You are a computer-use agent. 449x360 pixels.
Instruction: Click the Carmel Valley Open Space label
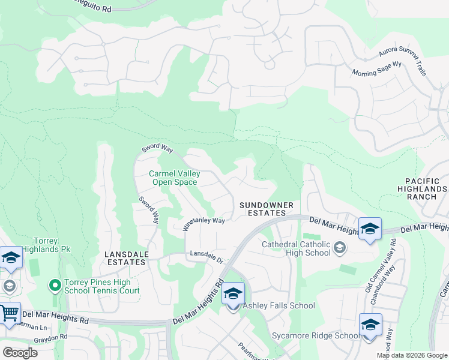click(174, 178)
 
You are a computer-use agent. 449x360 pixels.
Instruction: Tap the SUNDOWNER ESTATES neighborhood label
click(267, 209)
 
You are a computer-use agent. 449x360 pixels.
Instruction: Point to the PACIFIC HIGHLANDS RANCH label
click(426, 188)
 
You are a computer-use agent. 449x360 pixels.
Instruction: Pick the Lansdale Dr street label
click(206, 256)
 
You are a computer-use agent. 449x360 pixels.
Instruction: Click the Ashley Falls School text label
click(279, 305)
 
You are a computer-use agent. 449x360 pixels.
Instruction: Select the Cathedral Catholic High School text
click(296, 248)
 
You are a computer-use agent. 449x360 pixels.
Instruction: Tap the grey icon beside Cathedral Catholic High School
click(339, 248)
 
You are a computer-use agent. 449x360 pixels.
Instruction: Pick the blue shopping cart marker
click(9, 314)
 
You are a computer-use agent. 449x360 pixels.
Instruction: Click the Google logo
click(20, 352)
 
